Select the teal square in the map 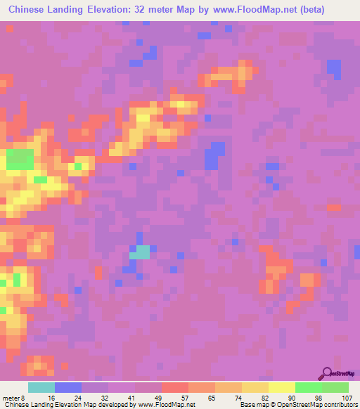142,252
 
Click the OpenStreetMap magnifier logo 326,373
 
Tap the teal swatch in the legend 41,387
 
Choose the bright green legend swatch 308,387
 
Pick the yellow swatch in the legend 281,387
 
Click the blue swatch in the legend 68,387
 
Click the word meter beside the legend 11,397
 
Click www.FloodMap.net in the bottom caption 166,405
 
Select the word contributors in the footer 338,405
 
